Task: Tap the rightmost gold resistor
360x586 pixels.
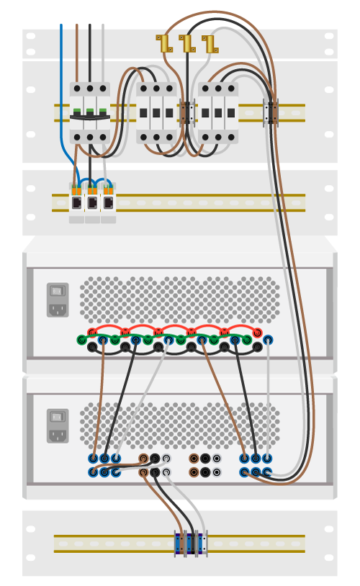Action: click(x=210, y=44)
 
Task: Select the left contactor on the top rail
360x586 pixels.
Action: click(x=156, y=112)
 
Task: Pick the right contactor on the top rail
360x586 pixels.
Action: click(x=218, y=112)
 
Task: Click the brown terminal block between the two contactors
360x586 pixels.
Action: click(x=187, y=113)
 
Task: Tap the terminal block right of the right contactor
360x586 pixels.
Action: click(x=272, y=112)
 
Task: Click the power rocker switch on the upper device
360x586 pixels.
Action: click(x=58, y=292)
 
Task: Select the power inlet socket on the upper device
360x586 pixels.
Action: click(x=58, y=310)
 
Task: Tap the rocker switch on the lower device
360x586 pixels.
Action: click(x=58, y=417)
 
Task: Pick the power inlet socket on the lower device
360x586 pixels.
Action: click(x=58, y=435)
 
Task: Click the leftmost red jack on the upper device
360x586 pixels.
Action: click(x=92, y=332)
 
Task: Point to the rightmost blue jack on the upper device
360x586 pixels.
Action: click(x=268, y=340)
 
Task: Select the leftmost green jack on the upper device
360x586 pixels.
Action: click(x=81, y=340)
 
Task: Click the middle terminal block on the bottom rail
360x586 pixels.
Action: click(x=191, y=544)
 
